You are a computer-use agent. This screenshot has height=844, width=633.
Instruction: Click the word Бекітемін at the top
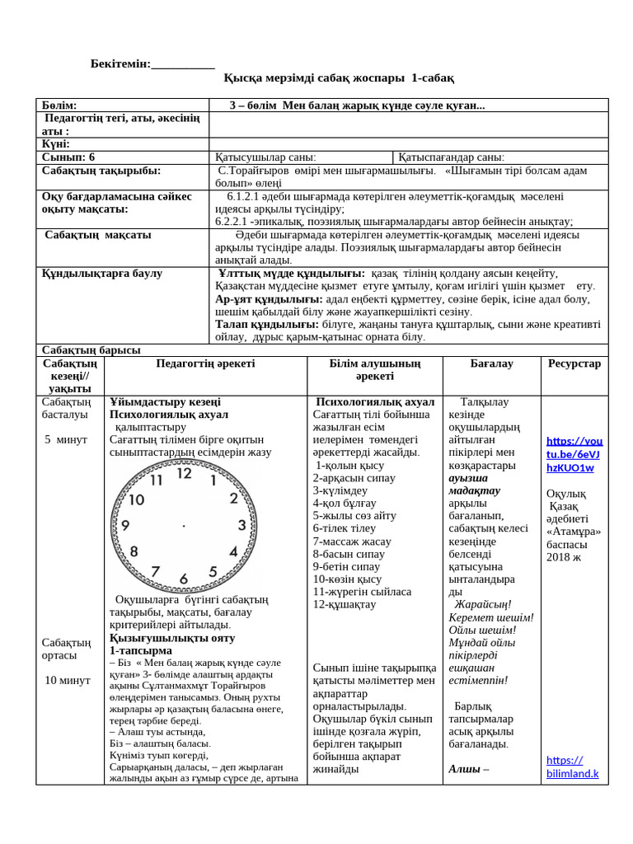pyautogui.click(x=120, y=63)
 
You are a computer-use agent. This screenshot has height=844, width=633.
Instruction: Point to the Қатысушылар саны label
pyautogui.click(x=265, y=157)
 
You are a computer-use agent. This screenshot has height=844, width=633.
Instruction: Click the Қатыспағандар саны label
pyautogui.click(x=451, y=157)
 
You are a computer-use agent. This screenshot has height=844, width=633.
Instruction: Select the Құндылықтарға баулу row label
pyautogui.click(x=102, y=274)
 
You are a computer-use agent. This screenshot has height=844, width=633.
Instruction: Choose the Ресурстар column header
pyautogui.click(x=574, y=363)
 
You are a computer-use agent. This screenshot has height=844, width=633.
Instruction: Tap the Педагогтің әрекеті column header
pyautogui.click(x=205, y=363)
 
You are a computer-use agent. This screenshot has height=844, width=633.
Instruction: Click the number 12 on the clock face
pyautogui.click(x=184, y=474)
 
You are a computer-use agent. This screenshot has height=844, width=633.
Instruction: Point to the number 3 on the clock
pyautogui.click(x=241, y=525)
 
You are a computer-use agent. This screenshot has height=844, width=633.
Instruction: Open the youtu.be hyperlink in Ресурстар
pyautogui.click(x=574, y=454)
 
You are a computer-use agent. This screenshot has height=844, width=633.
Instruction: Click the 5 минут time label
pyautogui.click(x=66, y=439)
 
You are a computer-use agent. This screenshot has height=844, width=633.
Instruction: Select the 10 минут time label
pyautogui.click(x=68, y=680)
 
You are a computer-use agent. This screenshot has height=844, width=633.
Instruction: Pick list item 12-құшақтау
pyautogui.click(x=344, y=604)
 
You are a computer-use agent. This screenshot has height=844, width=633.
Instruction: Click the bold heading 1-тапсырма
pyautogui.click(x=140, y=650)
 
